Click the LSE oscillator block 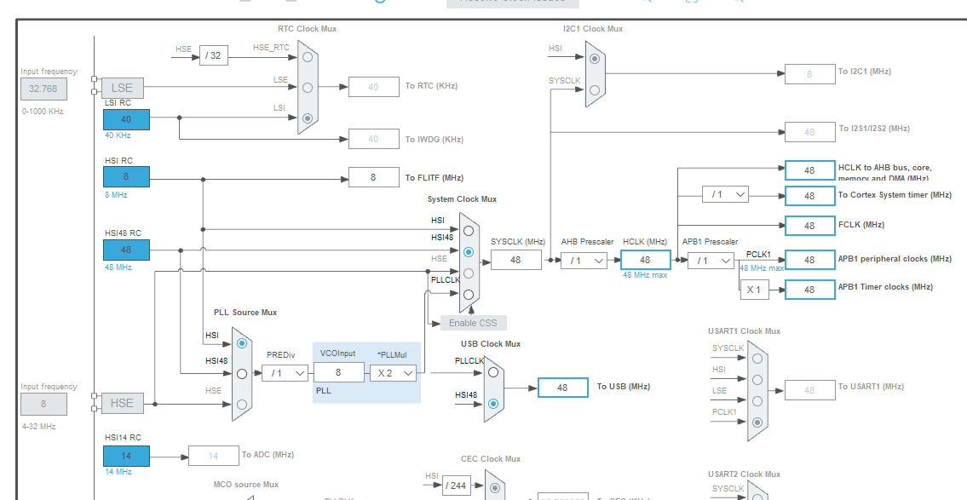click(x=122, y=88)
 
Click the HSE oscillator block click(x=122, y=403)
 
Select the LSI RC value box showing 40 click(x=126, y=119)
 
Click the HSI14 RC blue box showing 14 click(x=126, y=456)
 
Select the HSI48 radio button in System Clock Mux click(x=468, y=252)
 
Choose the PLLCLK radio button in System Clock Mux click(x=468, y=295)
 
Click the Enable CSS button click(x=473, y=323)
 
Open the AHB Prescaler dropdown click(x=584, y=260)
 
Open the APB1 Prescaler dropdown click(x=711, y=260)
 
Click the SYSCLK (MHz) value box click(x=515, y=260)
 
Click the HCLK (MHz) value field click(x=645, y=260)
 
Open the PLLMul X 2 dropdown click(x=393, y=373)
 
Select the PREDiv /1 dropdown click(x=285, y=373)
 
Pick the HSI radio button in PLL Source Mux click(x=242, y=343)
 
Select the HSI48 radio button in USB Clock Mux click(x=493, y=403)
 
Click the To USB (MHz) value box click(x=562, y=388)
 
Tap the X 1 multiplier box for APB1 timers click(x=753, y=290)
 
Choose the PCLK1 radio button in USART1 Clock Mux click(x=757, y=422)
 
